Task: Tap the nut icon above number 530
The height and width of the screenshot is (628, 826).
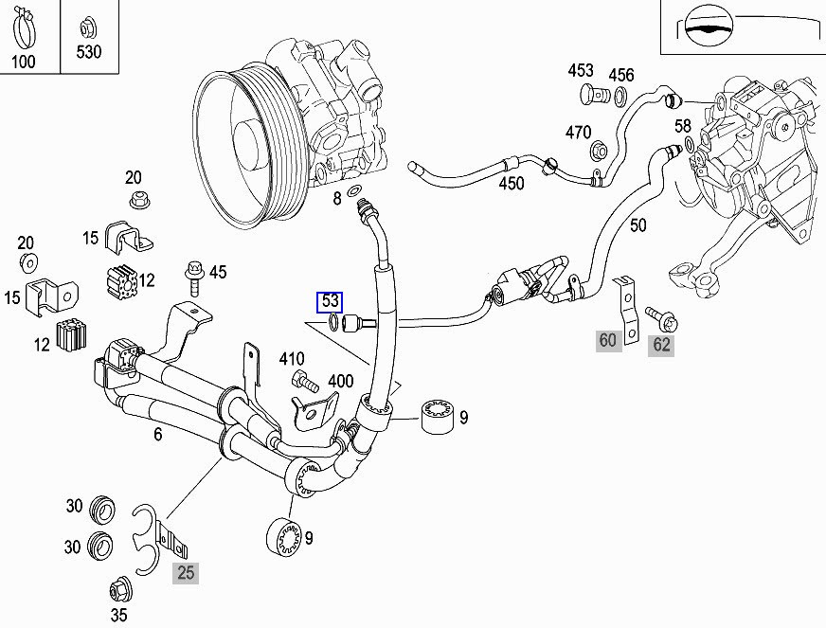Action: click(x=87, y=26)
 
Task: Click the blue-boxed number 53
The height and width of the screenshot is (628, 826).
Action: click(x=330, y=302)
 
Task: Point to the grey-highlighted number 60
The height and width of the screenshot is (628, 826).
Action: click(x=607, y=340)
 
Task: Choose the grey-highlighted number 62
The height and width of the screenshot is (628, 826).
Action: click(x=661, y=344)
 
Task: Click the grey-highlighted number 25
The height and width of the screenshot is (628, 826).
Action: click(x=186, y=571)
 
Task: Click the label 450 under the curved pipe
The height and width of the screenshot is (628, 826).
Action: click(x=512, y=184)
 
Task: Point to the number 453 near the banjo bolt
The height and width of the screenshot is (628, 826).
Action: click(x=581, y=71)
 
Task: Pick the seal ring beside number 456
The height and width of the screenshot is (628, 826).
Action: click(x=620, y=95)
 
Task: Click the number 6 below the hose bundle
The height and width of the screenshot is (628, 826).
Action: click(x=157, y=434)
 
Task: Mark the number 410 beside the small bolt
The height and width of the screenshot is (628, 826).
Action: click(x=292, y=358)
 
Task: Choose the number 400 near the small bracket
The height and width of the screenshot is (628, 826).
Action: click(x=340, y=382)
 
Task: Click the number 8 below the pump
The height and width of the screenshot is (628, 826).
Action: click(x=336, y=198)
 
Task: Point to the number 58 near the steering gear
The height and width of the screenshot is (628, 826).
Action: click(x=682, y=126)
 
